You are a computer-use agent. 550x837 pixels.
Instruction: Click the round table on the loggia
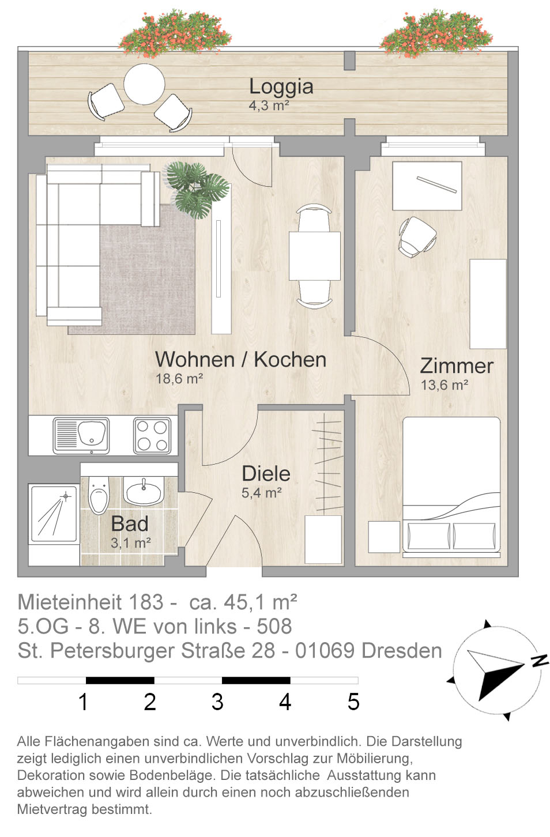(x=144, y=84)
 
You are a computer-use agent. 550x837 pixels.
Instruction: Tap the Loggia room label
(x=281, y=86)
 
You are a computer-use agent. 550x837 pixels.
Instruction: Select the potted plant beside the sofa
(x=198, y=190)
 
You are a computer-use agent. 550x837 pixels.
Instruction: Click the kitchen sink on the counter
(x=81, y=436)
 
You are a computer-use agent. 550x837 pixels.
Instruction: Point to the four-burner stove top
(x=152, y=436)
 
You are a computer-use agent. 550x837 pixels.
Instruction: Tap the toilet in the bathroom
(x=99, y=495)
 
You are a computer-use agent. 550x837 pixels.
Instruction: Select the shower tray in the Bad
(x=54, y=514)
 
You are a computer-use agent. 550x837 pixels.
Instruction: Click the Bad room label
(x=130, y=523)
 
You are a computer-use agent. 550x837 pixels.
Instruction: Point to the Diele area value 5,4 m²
(x=262, y=493)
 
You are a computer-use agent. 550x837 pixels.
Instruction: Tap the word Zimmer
(x=457, y=366)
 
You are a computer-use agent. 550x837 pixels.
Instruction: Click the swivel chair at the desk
(x=417, y=237)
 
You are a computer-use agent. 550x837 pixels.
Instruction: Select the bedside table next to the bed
(x=384, y=537)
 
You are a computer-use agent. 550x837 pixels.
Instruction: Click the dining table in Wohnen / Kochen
(x=315, y=256)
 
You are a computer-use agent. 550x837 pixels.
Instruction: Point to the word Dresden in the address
(x=402, y=651)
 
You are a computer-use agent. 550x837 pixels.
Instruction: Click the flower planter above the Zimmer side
(x=436, y=33)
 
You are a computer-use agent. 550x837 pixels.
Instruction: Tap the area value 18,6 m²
(x=179, y=379)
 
